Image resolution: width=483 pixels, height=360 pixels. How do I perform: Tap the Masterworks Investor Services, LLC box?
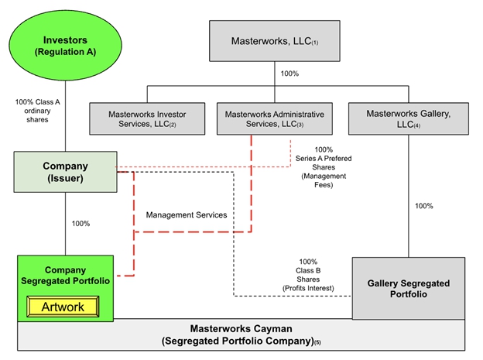[x=147, y=119]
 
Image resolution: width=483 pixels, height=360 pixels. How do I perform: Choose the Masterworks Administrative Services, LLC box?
[x=274, y=119]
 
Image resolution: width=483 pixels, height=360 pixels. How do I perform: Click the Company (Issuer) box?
[x=65, y=172]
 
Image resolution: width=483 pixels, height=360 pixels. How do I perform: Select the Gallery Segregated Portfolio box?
[x=408, y=289]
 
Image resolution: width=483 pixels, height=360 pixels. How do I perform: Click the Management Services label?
[x=187, y=214]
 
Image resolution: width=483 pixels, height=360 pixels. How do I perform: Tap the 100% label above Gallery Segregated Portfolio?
[x=424, y=206]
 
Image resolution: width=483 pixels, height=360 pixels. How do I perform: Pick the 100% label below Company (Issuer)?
[x=80, y=224]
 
